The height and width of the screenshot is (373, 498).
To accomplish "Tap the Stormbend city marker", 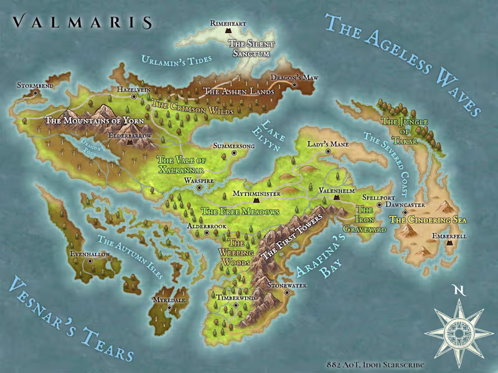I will point(36,93).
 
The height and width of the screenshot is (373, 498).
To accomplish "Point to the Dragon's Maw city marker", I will point(294,85).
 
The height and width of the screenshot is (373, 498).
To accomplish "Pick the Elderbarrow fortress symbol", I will point(129,142).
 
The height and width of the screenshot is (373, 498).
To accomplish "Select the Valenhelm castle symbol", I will point(336,197).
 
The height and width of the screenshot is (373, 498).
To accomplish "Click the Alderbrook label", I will point(207,227).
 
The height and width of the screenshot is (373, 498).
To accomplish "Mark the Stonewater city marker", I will point(286,292).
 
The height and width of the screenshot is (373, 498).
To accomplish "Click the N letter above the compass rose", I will point(459,290).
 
